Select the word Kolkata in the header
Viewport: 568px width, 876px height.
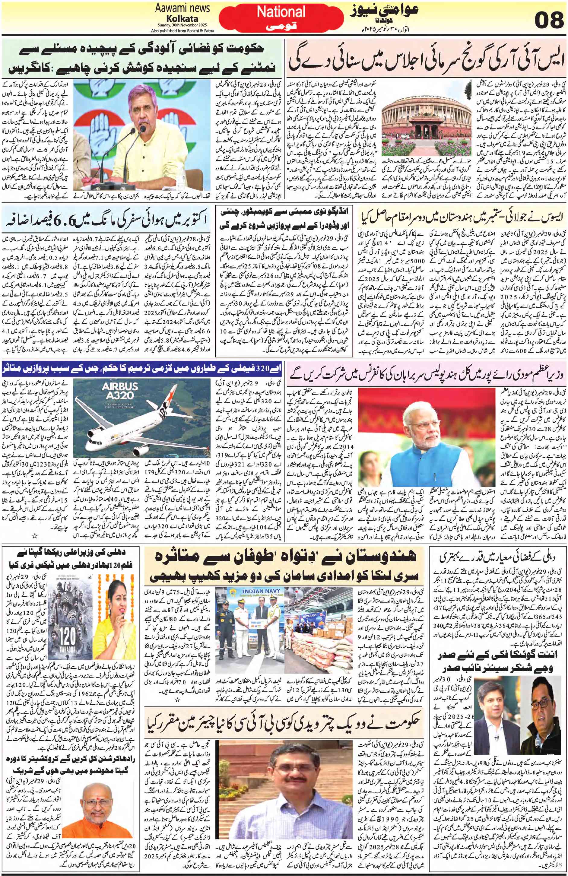177,18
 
